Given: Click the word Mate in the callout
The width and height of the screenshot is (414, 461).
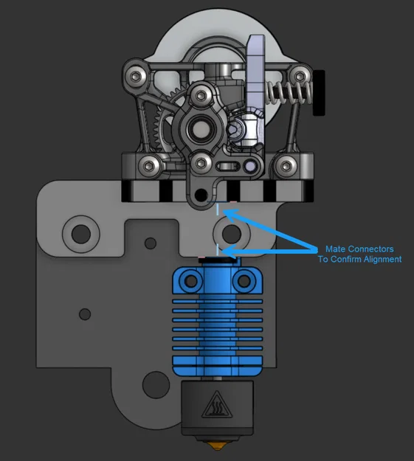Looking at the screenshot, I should [x=335, y=249].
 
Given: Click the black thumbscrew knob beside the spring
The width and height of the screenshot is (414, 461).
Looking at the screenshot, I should [x=322, y=92].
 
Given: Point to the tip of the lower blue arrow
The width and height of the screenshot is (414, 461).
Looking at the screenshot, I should [x=221, y=255].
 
